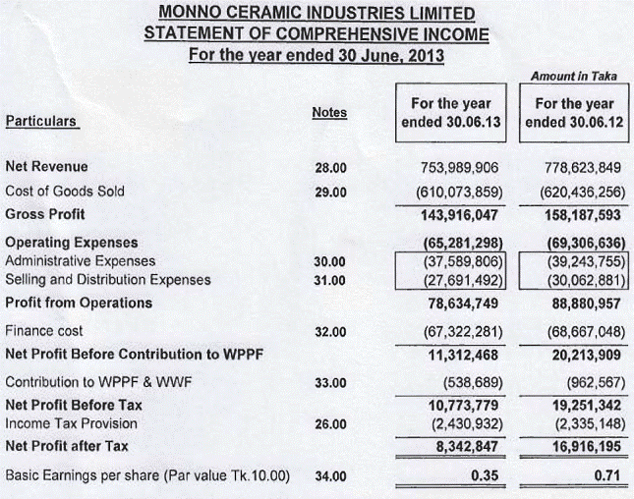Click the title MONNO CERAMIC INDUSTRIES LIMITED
[317, 15]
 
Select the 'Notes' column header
[329, 112]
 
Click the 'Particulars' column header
[42, 122]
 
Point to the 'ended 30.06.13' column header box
[450, 113]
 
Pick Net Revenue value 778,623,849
[578, 168]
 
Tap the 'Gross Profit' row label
[45, 213]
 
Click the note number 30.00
[331, 261]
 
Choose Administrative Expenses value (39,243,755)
[578, 261]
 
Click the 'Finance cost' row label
[45, 332]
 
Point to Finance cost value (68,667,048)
[578, 332]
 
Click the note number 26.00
[331, 423]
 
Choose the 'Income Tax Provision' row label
[72, 423]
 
